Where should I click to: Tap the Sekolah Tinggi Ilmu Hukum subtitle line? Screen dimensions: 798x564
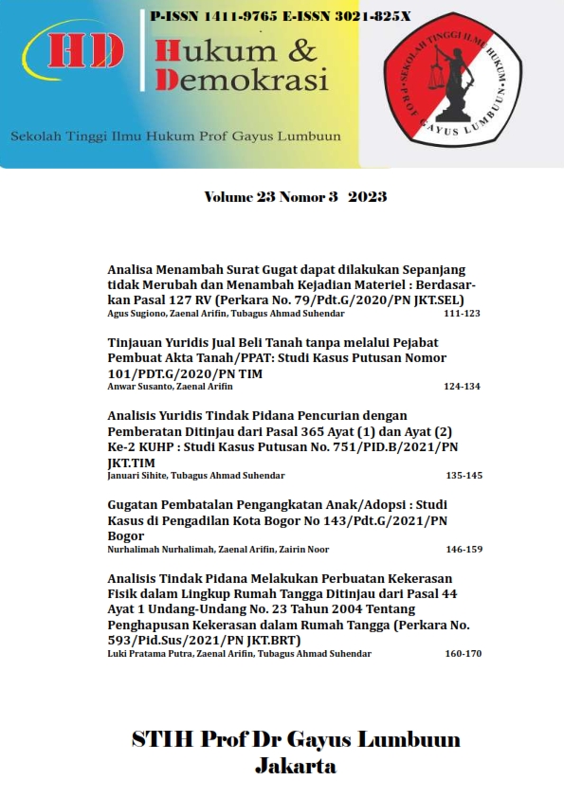[x=175, y=136]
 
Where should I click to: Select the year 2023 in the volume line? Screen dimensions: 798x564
[x=367, y=197]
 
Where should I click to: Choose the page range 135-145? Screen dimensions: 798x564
[x=464, y=475]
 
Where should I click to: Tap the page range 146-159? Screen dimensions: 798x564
[x=463, y=549]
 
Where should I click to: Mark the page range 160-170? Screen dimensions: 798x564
[x=463, y=653]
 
